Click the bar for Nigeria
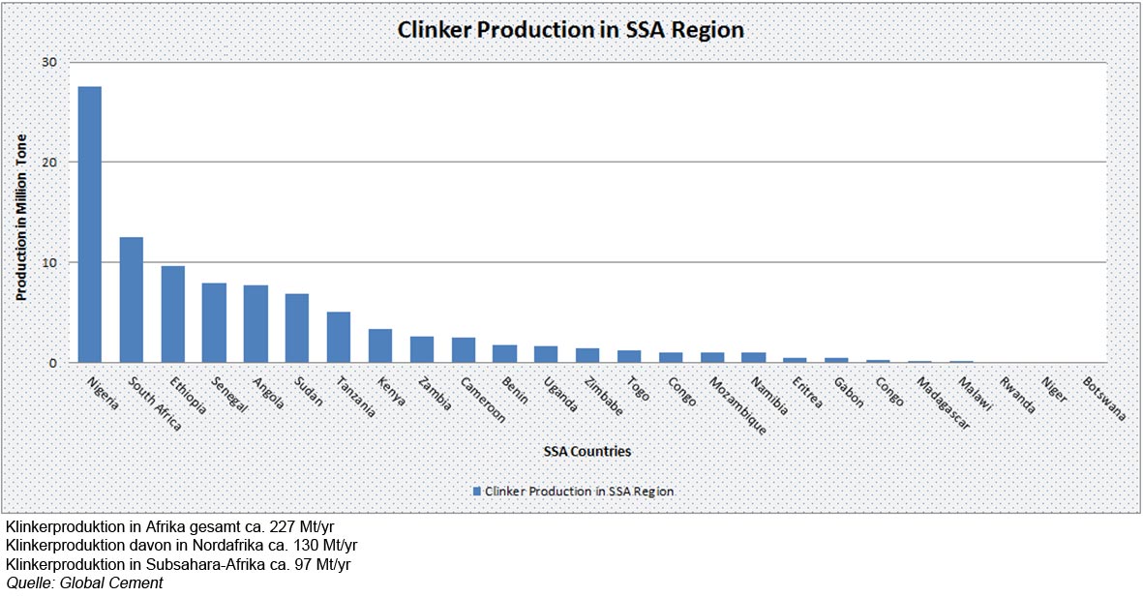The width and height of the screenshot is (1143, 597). point(89,224)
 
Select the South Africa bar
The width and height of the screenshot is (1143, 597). point(131,300)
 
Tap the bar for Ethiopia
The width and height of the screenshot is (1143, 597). point(172,314)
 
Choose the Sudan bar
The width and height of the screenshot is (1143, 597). point(296,328)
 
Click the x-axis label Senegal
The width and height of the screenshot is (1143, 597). point(229,395)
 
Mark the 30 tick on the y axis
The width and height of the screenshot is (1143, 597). point(48,63)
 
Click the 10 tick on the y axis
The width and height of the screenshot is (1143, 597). point(48,262)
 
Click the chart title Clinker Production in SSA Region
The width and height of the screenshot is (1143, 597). point(571,30)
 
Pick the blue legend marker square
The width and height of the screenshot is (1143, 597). point(476,492)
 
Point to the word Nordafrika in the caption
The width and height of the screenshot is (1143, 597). point(187,545)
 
